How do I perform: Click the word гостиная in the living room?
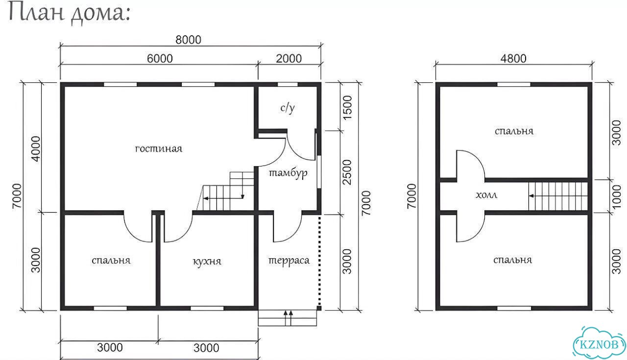pyautogui.click(x=158, y=148)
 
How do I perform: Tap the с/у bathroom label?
pyautogui.click(x=288, y=108)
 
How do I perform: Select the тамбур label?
pyautogui.click(x=288, y=173)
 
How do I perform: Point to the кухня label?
pyautogui.click(x=207, y=262)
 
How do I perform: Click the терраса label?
pyautogui.click(x=289, y=261)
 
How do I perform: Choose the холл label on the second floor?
pyautogui.click(x=486, y=195)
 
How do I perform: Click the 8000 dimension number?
pyautogui.click(x=188, y=40)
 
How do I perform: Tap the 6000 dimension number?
pyautogui.click(x=160, y=58)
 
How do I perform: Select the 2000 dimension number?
pyautogui.click(x=289, y=58)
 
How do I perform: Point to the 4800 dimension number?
pyautogui.click(x=513, y=58)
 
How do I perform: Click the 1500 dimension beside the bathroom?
pyautogui.click(x=347, y=108)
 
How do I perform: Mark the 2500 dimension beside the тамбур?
pyautogui.click(x=347, y=172)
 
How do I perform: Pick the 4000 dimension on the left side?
pyautogui.click(x=36, y=148)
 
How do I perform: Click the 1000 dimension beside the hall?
pyautogui.click(x=616, y=196)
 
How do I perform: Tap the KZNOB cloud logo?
pyautogui.click(x=599, y=344)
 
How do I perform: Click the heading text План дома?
pyautogui.click(x=70, y=13)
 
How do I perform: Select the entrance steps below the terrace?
pyautogui.click(x=288, y=318)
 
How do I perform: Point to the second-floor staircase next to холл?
pyautogui.click(x=558, y=196)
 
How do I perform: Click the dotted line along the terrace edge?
pyautogui.click(x=320, y=261)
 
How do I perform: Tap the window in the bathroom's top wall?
pyautogui.click(x=288, y=84)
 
